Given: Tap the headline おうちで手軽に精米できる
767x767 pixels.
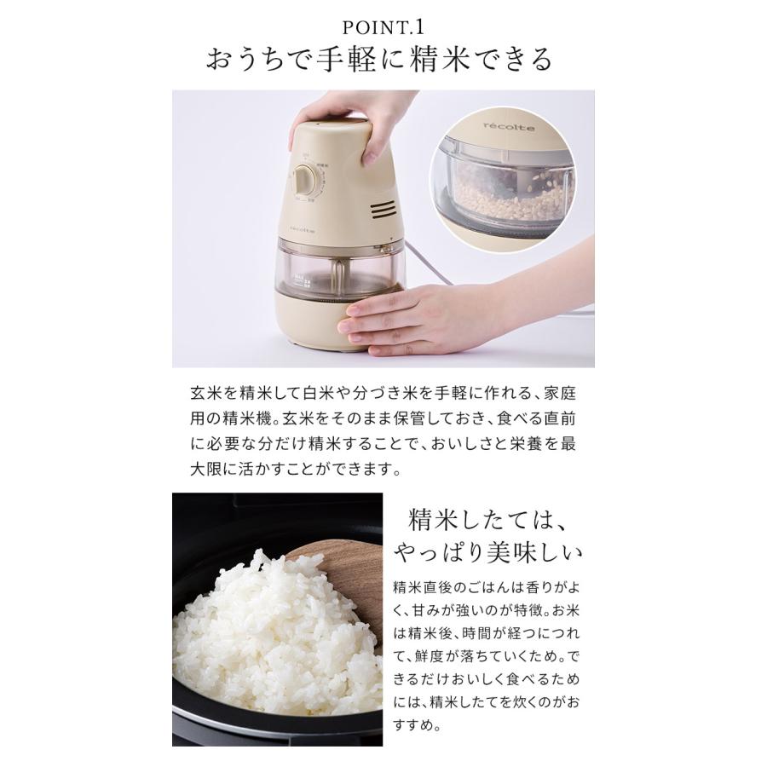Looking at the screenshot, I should pos(383,61).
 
